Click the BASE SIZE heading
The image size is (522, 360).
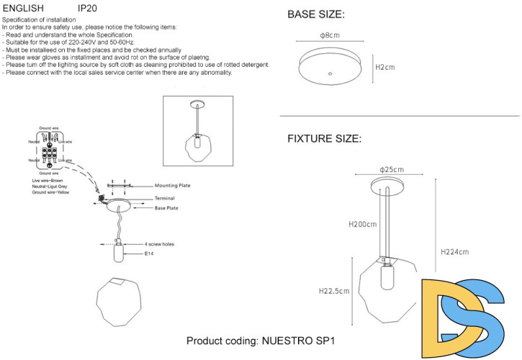click(x=315, y=14)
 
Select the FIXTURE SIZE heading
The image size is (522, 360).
click(x=324, y=138)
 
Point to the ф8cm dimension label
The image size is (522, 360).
click(x=330, y=36)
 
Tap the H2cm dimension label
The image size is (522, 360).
click(x=385, y=66)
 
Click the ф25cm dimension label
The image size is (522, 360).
click(x=392, y=170)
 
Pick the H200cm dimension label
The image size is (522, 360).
click(x=362, y=224)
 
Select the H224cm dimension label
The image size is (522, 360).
click(x=454, y=252)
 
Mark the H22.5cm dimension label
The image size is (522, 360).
click(x=334, y=292)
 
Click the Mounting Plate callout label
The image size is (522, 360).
click(x=173, y=186)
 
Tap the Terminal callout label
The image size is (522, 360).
click(x=164, y=198)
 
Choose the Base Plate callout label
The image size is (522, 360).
click(x=166, y=208)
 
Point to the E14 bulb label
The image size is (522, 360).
click(x=148, y=254)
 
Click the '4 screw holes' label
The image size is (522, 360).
click(x=159, y=244)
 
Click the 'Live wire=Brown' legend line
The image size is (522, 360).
click(x=48, y=180)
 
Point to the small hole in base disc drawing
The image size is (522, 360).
click(x=330, y=73)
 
